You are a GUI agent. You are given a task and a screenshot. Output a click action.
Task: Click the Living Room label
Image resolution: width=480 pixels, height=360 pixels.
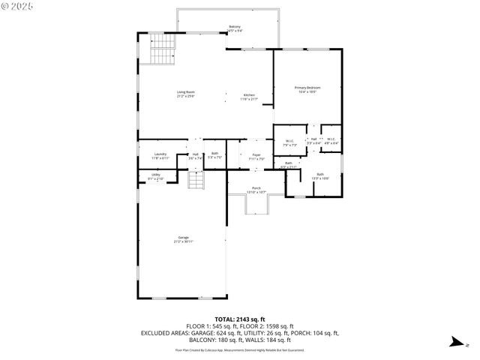pyautogui.click(x=185, y=94)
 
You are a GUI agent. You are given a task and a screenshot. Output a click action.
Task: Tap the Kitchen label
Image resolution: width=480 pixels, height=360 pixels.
pyautogui.click(x=248, y=97)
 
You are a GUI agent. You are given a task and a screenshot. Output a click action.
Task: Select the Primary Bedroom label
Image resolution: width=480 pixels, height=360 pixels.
pyautogui.click(x=307, y=90)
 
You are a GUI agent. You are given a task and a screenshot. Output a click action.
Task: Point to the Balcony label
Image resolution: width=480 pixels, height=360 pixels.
pyautogui.click(x=235, y=29)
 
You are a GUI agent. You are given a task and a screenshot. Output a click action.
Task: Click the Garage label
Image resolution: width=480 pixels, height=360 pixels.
pyautogui.click(x=183, y=239)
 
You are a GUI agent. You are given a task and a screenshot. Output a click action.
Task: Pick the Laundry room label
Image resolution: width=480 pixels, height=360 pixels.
pyautogui.click(x=160, y=155)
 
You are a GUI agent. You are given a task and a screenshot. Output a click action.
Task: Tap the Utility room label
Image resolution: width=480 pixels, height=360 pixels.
pyautogui.click(x=155, y=176)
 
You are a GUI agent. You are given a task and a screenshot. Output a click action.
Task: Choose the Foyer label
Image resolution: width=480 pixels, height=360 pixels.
pyautogui.click(x=256, y=156)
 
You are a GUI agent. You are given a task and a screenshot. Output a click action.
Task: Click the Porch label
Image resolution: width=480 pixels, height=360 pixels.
pyautogui.click(x=256, y=190)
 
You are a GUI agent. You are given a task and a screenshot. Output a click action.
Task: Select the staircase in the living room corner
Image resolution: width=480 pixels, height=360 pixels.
pyautogui.click(x=163, y=50)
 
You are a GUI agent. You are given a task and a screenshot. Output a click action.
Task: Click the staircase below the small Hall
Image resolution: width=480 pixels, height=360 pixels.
pyautogui.click(x=196, y=181)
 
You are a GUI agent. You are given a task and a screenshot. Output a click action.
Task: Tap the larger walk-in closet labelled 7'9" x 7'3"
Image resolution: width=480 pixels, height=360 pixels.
pyautogui.click(x=289, y=142)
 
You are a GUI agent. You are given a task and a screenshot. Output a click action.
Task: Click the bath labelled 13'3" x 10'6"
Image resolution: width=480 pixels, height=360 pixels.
pyautogui.click(x=320, y=176)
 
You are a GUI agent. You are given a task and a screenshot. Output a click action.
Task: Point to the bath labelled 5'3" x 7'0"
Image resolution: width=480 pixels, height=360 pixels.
pyautogui.click(x=214, y=155)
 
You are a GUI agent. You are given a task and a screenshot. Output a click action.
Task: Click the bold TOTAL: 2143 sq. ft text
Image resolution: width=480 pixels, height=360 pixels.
pyautogui.click(x=240, y=318)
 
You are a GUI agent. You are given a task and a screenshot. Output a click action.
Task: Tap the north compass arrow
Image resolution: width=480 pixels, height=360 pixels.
pyautogui.click(x=455, y=343)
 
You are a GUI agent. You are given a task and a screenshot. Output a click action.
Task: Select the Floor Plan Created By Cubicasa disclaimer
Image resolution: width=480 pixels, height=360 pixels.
pyautogui.click(x=240, y=349)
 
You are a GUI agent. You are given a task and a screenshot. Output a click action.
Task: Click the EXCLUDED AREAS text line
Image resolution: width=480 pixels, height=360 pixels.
pyautogui.click(x=240, y=332)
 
